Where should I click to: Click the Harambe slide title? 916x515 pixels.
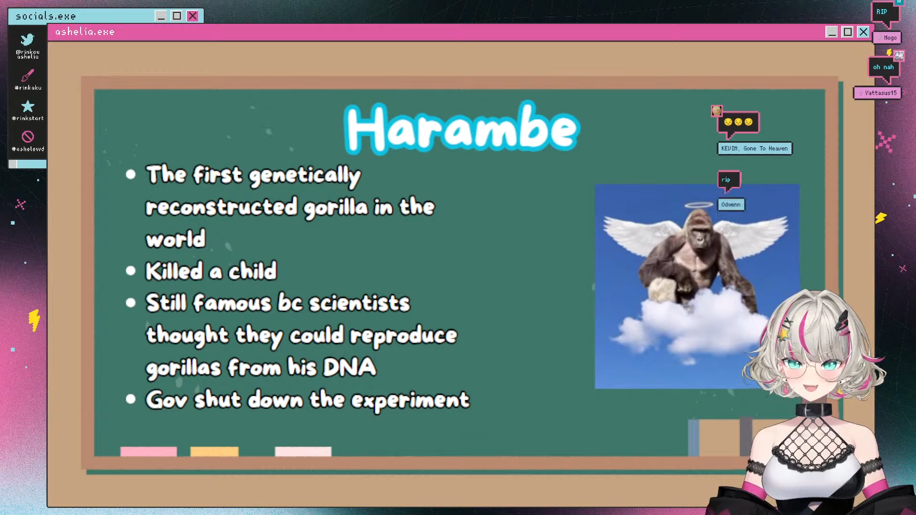[462, 128]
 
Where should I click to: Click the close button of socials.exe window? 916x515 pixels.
[192, 16]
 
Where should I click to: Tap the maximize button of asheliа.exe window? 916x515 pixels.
[847, 32]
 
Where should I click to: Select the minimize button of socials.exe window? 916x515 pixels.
[161, 16]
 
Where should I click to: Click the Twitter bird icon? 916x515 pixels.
[28, 39]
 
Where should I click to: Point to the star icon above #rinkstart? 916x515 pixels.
[28, 106]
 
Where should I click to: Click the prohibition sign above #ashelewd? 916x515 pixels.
[28, 137]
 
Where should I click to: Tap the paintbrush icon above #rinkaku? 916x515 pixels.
[28, 75]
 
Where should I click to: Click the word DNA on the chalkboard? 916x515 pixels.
[350, 367]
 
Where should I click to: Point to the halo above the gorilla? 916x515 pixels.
[698, 206]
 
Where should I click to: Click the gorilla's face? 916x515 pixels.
[699, 234]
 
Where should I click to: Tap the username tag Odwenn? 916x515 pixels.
[731, 205]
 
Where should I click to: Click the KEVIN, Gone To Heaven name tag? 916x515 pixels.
[754, 148]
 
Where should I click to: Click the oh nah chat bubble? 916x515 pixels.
[884, 67]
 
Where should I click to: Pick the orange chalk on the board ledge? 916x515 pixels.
[214, 451]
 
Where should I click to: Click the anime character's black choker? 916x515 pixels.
[813, 410]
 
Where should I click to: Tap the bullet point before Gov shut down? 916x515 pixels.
[131, 399]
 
